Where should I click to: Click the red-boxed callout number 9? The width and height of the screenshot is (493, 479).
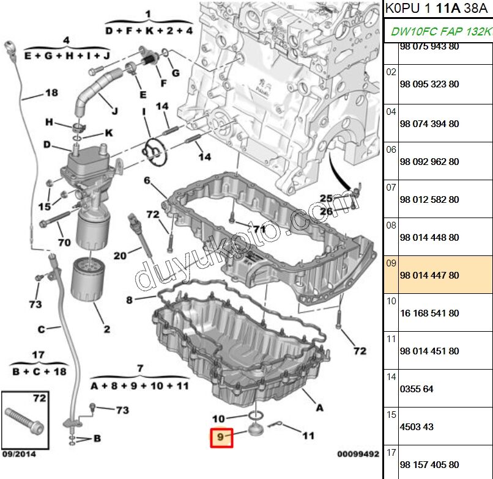point(221,437)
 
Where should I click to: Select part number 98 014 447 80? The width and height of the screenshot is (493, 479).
point(429,276)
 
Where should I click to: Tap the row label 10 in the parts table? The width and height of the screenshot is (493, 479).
point(391,301)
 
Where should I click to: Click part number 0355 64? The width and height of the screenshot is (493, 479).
point(417,389)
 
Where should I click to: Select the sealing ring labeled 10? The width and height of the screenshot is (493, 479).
point(255,416)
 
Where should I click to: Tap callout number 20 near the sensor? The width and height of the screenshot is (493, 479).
point(120,255)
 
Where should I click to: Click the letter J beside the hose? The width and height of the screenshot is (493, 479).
point(115,111)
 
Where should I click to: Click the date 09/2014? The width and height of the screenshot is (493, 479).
point(19,454)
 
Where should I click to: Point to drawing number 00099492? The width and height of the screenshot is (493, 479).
point(358,454)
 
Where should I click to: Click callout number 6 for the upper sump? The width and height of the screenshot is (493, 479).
point(147,180)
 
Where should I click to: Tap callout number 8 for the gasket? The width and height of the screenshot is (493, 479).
point(129,300)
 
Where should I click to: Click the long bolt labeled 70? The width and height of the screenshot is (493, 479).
point(56,219)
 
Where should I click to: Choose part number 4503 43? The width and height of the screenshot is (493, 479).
point(417,427)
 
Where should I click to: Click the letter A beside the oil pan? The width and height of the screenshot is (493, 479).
point(319,408)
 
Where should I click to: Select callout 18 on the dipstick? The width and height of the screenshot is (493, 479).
point(51,93)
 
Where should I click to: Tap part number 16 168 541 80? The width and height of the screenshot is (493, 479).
point(429,313)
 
